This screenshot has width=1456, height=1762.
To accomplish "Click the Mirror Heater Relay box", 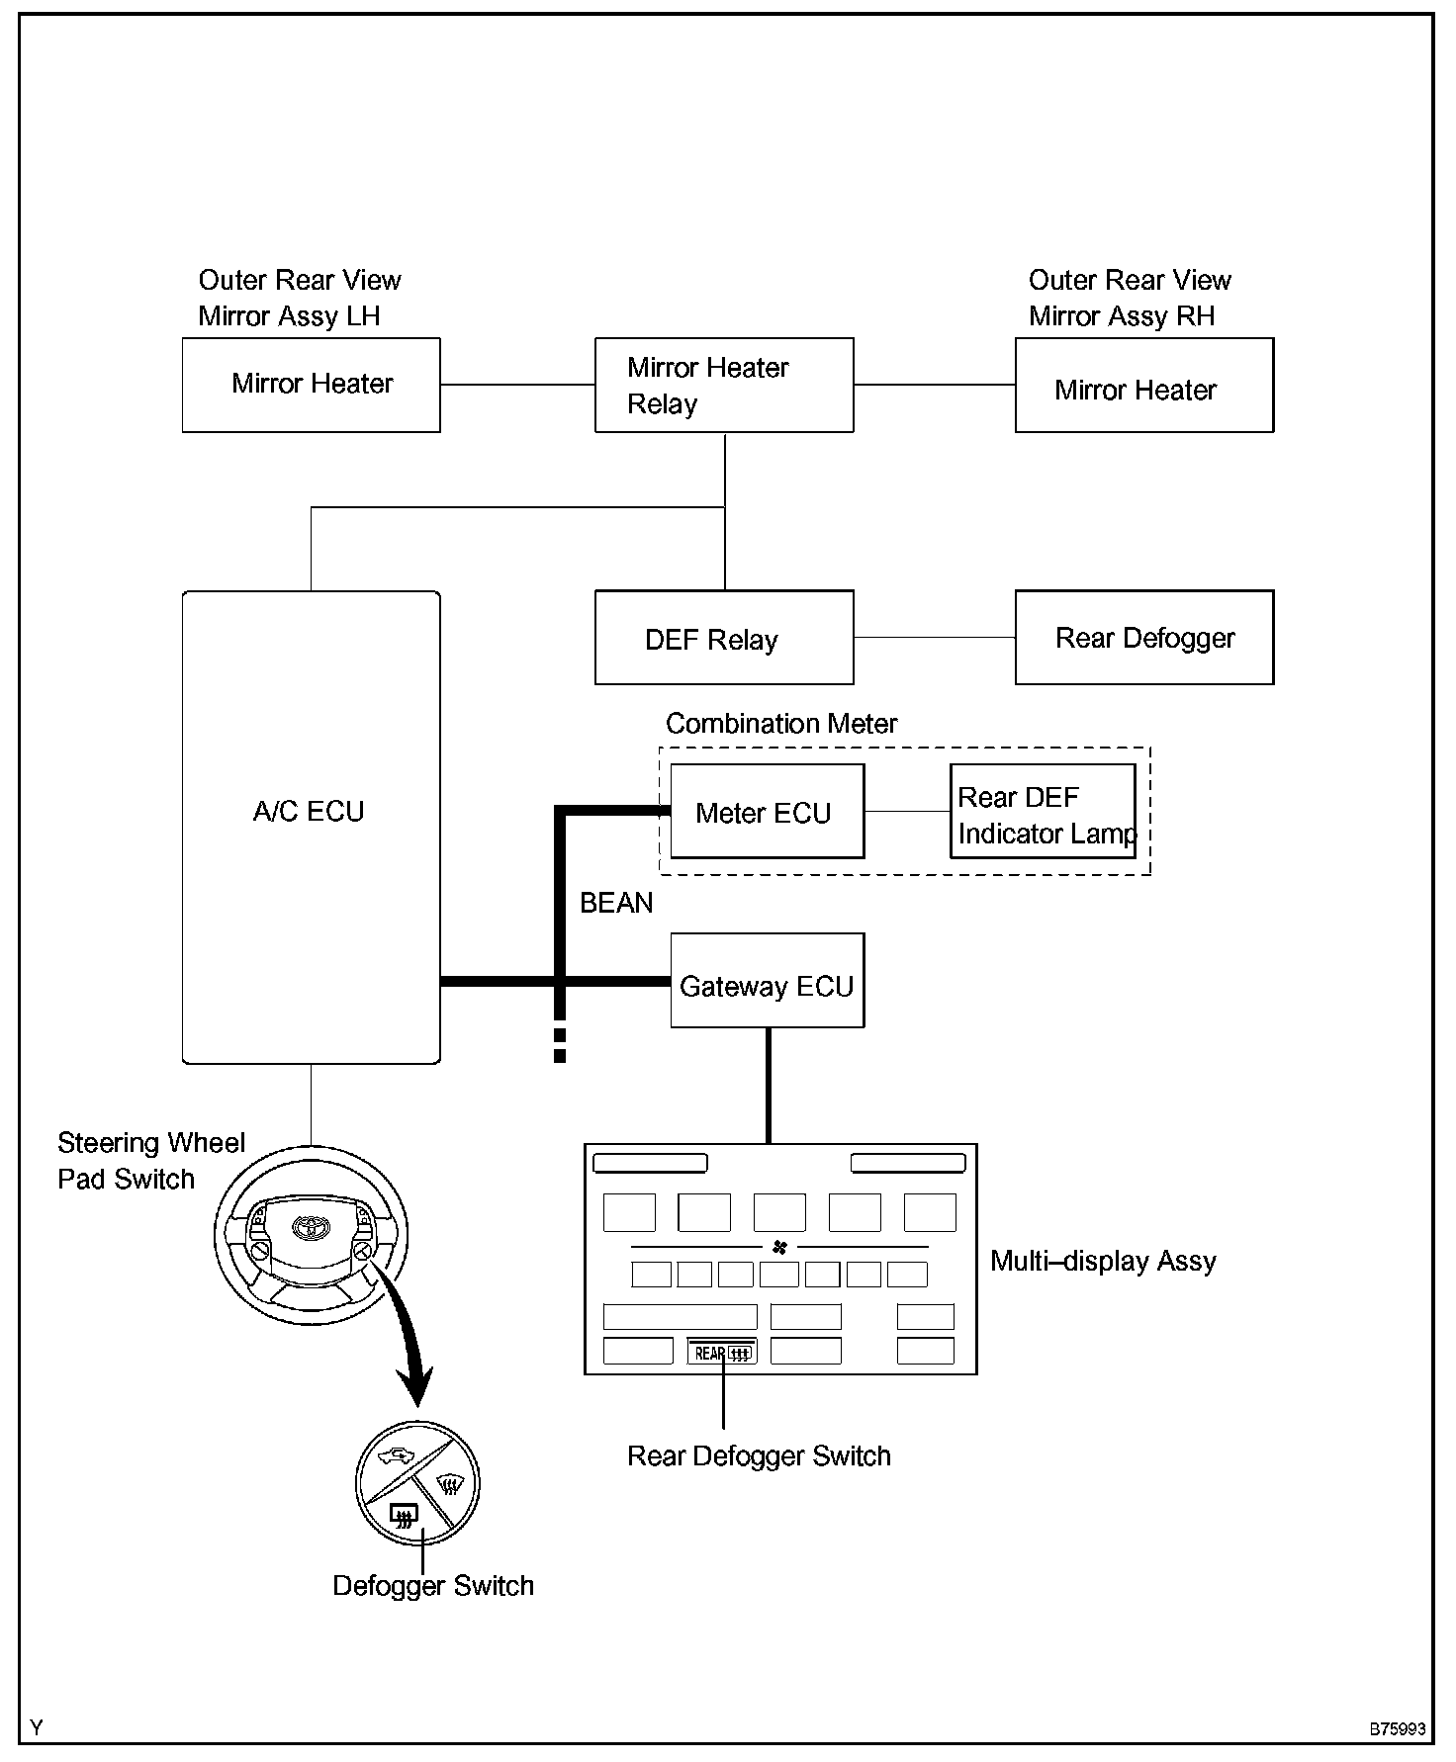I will point(723,385).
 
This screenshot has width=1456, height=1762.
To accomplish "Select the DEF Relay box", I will point(723,638).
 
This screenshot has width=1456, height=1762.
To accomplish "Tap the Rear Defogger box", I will point(1143,638).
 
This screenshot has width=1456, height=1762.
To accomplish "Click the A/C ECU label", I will point(309,812).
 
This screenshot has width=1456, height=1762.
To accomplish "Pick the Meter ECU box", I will point(767,812).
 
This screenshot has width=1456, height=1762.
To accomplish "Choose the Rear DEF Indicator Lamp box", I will point(1043,812).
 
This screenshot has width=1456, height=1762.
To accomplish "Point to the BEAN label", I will point(616,903).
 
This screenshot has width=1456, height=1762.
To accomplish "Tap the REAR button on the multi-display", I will point(722,1353).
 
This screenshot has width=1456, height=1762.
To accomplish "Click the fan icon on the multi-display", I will point(779,1248).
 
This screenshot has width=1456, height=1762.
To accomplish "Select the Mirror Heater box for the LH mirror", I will point(311,385).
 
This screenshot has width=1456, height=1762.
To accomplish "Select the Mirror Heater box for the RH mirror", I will point(1143,386).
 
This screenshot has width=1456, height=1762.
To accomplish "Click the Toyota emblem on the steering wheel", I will point(310,1227).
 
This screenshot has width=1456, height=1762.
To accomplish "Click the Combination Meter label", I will point(781,724).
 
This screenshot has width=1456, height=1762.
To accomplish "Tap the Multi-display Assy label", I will point(1103,1262).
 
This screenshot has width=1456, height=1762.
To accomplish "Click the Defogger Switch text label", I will point(433,1586).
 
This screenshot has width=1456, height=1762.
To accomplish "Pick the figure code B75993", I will point(1397,1729).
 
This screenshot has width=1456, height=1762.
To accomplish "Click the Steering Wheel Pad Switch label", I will point(150,1161).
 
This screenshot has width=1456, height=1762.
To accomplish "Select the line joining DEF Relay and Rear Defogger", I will point(934,638).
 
